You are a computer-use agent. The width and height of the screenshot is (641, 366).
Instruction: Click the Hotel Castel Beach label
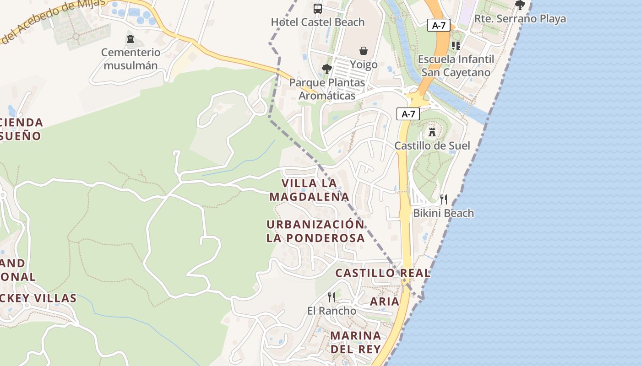pyautogui.click(x=318, y=22)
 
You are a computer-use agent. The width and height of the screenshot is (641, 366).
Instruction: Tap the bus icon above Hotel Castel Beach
pyautogui.click(x=318, y=8)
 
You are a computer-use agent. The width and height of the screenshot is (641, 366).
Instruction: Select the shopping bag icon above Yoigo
pyautogui.click(x=364, y=50)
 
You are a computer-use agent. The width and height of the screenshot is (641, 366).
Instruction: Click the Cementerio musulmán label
pyautogui.click(x=130, y=59)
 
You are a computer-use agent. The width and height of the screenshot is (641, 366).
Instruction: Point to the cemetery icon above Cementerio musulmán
pyautogui.click(x=130, y=39)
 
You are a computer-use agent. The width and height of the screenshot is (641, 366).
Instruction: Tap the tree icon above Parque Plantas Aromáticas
pyautogui.click(x=326, y=69)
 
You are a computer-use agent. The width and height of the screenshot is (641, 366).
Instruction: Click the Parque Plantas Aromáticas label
pyautogui.click(x=327, y=89)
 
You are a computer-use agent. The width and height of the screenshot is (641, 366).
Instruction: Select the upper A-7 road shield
pyautogui.click(x=439, y=26)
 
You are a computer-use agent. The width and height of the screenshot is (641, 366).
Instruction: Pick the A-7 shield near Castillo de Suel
pyautogui.click(x=408, y=114)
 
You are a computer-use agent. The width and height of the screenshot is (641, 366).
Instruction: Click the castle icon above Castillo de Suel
pyautogui.click(x=432, y=132)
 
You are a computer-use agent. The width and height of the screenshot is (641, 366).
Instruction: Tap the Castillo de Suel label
pyautogui.click(x=432, y=145)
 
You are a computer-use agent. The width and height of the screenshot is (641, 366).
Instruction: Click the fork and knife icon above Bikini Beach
pyautogui.click(x=443, y=199)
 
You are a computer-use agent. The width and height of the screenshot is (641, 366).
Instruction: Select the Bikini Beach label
pyautogui.click(x=443, y=213)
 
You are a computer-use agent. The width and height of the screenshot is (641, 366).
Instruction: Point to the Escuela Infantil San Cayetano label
pyautogui.click(x=456, y=66)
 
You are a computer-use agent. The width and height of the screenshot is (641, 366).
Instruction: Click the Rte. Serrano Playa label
pyautogui.click(x=520, y=19)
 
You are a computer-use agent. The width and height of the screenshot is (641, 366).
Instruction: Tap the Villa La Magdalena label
pyautogui.click(x=309, y=190)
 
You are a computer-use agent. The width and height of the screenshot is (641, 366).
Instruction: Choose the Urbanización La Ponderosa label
pyautogui.click(x=315, y=231)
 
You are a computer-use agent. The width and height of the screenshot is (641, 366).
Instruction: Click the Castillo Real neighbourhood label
pyautogui.click(x=383, y=273)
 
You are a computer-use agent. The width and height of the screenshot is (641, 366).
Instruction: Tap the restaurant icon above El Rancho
pyautogui.click(x=331, y=297)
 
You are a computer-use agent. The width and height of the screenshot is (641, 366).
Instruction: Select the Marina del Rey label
pyautogui.click(x=356, y=342)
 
